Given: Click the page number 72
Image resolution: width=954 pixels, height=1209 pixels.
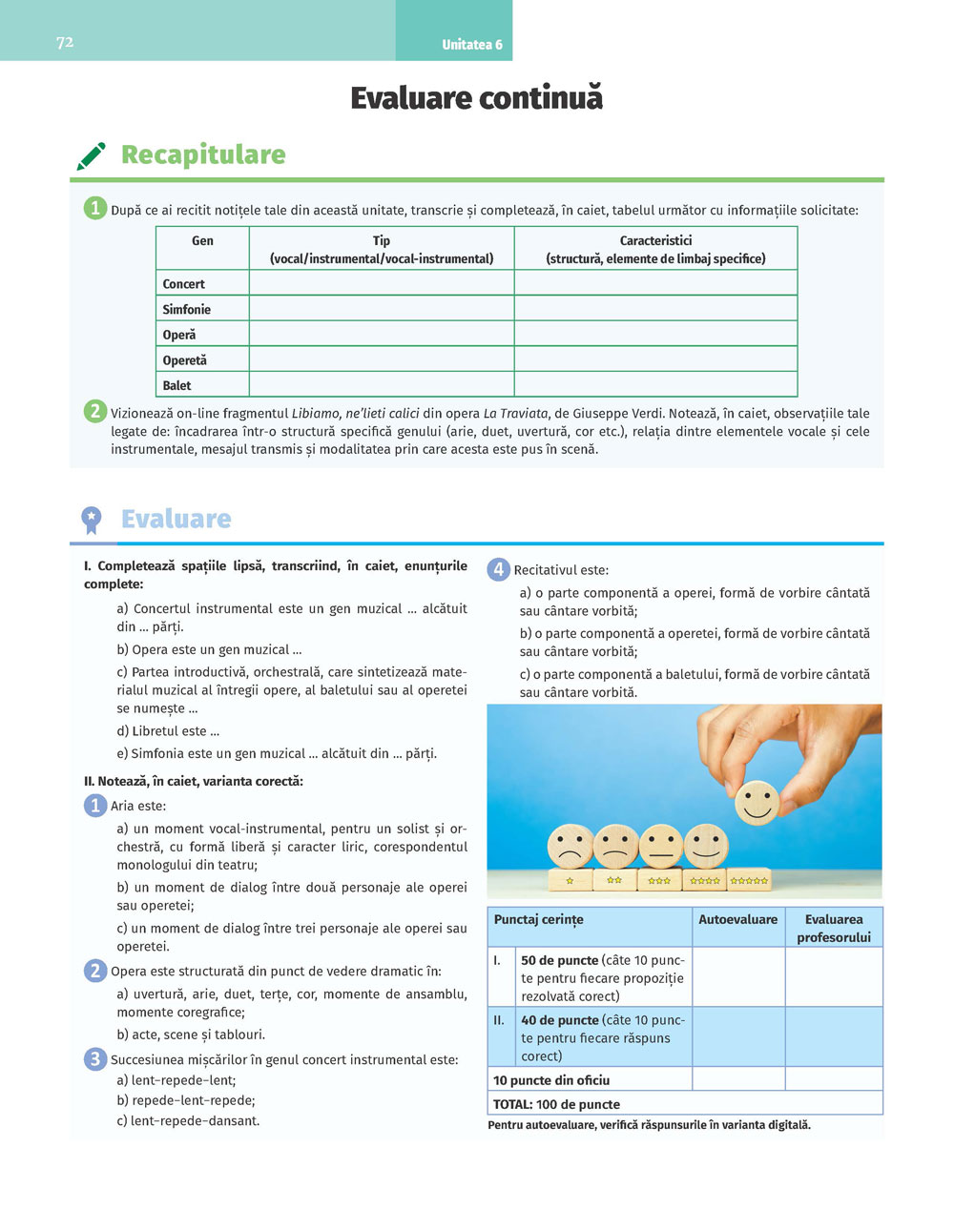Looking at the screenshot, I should click(x=65, y=42).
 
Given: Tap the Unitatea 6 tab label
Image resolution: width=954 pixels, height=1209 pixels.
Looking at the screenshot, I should click(x=471, y=45).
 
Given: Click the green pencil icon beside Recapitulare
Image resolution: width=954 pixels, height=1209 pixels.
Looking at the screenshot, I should click(x=91, y=155).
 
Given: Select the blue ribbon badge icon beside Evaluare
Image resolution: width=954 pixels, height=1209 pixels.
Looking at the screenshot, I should click(x=91, y=520).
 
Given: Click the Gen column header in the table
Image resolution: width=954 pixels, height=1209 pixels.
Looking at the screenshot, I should click(x=202, y=241).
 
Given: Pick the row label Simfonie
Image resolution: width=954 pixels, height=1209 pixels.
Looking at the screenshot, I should click(x=187, y=309).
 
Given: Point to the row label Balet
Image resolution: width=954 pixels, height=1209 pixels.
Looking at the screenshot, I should click(x=176, y=385).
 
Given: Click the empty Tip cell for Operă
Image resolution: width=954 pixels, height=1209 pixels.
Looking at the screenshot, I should click(x=381, y=335).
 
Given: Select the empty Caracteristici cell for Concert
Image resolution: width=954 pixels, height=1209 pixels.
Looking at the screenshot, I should click(x=655, y=283).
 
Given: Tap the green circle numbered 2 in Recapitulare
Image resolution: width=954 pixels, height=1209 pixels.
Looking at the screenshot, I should click(x=94, y=412).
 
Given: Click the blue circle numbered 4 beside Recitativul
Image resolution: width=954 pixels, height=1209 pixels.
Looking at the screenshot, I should click(x=498, y=569).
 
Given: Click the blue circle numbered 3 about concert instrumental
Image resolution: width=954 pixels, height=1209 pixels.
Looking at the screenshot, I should click(x=94, y=1058).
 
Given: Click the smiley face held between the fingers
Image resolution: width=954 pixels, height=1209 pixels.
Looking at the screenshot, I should click(x=757, y=802).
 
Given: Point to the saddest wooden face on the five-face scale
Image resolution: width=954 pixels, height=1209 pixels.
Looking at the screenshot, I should click(x=570, y=846).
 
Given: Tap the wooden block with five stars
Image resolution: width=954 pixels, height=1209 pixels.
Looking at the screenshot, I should click(x=749, y=880).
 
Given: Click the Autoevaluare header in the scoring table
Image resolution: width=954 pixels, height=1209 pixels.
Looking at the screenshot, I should click(x=737, y=920).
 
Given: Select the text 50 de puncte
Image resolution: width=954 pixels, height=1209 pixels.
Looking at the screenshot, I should click(x=559, y=960).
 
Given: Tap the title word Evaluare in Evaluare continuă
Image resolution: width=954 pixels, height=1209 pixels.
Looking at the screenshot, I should click(x=412, y=98).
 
